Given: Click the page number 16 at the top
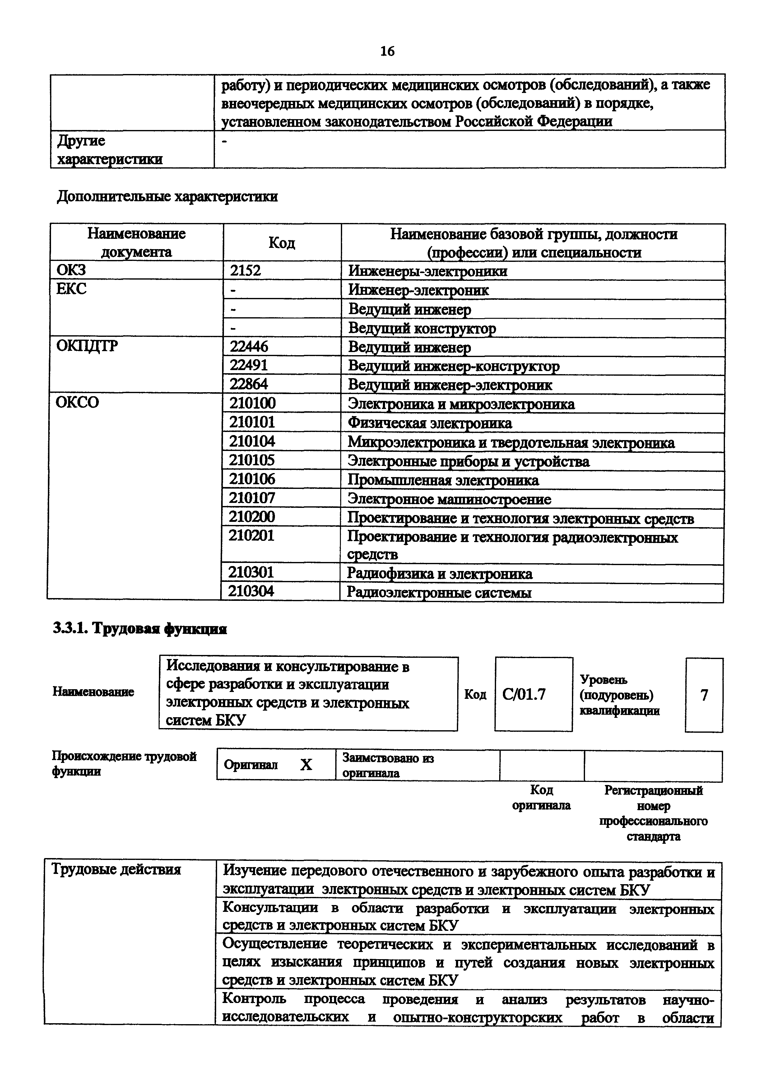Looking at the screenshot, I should (x=387, y=51).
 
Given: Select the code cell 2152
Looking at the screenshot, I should (x=246, y=271).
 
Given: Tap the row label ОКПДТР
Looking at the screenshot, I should (x=87, y=346).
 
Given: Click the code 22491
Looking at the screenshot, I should (x=248, y=365).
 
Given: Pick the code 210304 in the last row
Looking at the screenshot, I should (x=251, y=592).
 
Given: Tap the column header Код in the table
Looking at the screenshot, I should (x=282, y=243).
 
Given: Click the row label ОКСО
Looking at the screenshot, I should (x=77, y=402).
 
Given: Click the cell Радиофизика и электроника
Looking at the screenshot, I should (x=439, y=574).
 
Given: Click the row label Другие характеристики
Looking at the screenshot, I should (x=109, y=149).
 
